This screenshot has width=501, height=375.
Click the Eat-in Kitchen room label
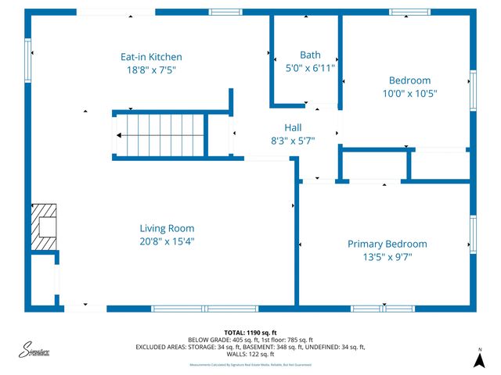coord(151,57)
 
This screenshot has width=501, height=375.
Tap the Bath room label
coord(310,55)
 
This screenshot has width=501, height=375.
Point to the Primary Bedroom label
coord(387,244)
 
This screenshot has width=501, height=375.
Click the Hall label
coord(293,127)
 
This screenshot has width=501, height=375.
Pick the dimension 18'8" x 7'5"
coord(151,70)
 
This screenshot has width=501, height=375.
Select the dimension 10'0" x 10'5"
coord(409,93)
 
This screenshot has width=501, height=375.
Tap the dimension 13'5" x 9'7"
coord(387,256)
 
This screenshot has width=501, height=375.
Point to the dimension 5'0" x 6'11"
coord(310,68)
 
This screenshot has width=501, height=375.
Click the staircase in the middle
coord(160,134)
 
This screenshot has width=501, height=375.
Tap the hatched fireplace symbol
coord(44,227)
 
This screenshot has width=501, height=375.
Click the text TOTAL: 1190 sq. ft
coord(250,333)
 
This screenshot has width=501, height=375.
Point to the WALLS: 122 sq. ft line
coord(250,354)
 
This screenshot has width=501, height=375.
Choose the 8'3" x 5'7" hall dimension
coord(293,141)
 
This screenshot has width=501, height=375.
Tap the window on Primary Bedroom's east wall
coord(472,234)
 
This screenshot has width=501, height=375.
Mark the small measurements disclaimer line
coord(250,365)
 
